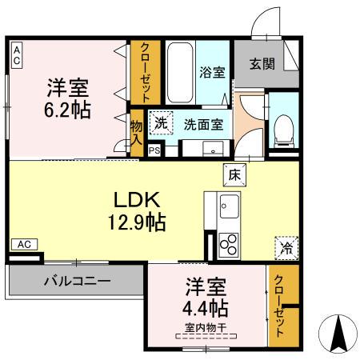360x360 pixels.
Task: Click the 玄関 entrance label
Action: pos(262,64)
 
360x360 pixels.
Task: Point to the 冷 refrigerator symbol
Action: pos(285,248)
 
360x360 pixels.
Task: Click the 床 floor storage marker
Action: pos(234,172)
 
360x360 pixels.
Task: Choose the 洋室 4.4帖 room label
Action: pos(206,297)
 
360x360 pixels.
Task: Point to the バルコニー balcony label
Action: pos(77,282)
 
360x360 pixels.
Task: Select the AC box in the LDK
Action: pos(24,244)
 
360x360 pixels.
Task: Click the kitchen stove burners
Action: pos(227,242)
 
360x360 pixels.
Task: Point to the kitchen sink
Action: pos(228,207)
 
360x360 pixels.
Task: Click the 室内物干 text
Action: pos(206,326)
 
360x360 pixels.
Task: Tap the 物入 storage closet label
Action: pos(137,132)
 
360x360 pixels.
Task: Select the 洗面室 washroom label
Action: pos(203,124)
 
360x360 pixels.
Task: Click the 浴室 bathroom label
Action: pos(212,71)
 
